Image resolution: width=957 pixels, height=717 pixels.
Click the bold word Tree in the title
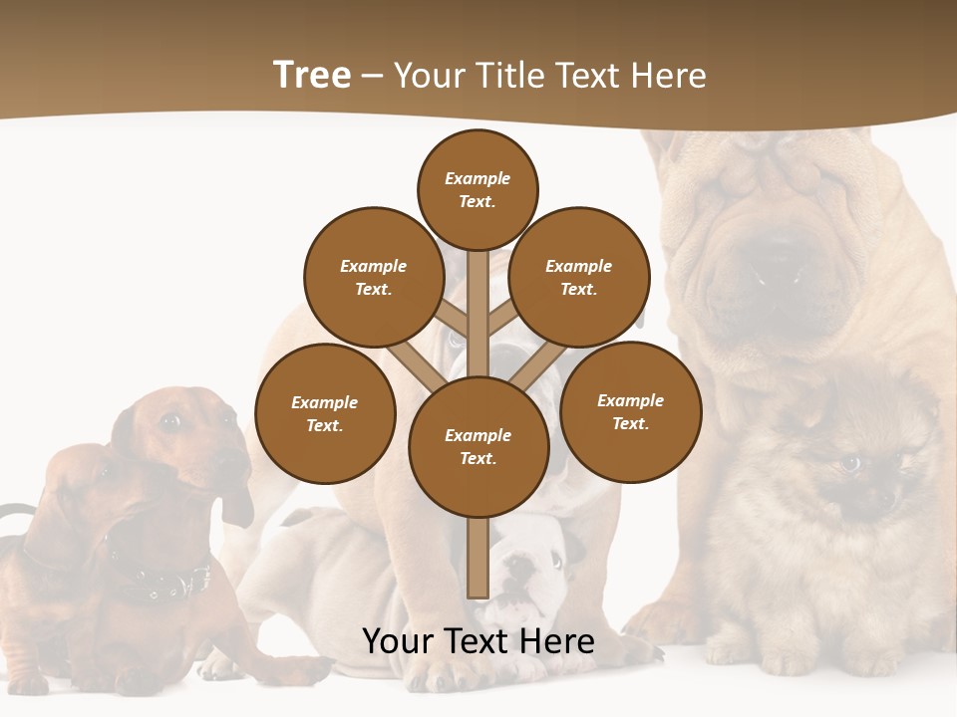[312, 76]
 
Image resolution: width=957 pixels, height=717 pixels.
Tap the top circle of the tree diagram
[478, 189]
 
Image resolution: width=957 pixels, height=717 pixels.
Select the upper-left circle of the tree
[374, 277]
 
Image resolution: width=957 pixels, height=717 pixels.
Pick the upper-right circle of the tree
[579, 277]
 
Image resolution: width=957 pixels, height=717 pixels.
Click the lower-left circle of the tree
[325, 413]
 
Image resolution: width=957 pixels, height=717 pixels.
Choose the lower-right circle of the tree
[630, 411]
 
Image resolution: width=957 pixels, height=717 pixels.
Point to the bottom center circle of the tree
[478, 446]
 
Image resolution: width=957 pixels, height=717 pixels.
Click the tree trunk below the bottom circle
[478, 558]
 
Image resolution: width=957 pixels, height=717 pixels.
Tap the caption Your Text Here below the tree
[478, 642]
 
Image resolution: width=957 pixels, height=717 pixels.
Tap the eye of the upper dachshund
[170, 421]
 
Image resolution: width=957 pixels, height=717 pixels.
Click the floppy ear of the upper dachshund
[237, 503]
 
